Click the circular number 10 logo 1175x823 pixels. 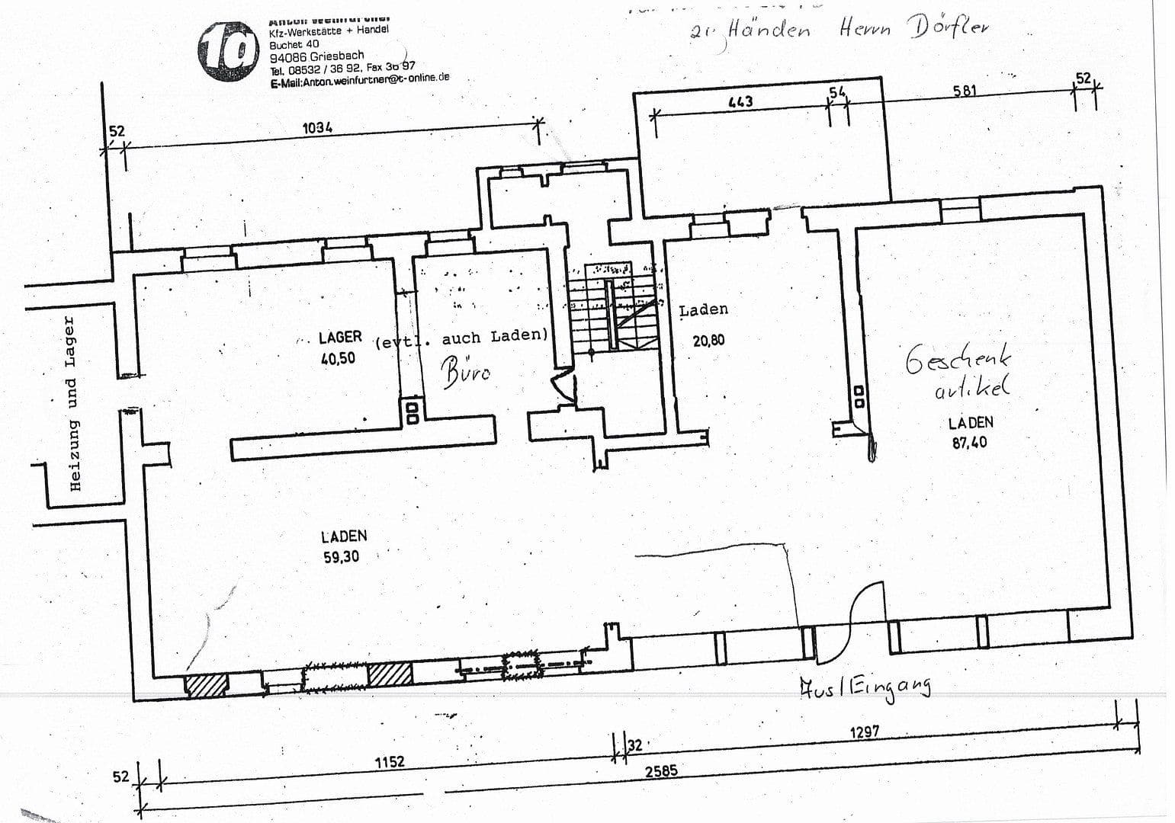(226, 51)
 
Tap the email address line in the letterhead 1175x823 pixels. (359, 79)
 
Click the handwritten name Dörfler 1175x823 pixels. (949, 28)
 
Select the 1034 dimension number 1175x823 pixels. (317, 128)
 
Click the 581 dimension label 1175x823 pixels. (965, 91)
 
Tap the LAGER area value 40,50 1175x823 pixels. (338, 358)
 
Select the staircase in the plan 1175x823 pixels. (612, 309)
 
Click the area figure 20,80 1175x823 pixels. (708, 341)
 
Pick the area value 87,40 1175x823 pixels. (968, 443)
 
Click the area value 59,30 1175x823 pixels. (341, 557)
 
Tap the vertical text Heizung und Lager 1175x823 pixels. (73, 403)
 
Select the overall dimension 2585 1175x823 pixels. (661, 771)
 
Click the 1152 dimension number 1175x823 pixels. (389, 761)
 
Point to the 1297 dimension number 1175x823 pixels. (864, 732)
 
